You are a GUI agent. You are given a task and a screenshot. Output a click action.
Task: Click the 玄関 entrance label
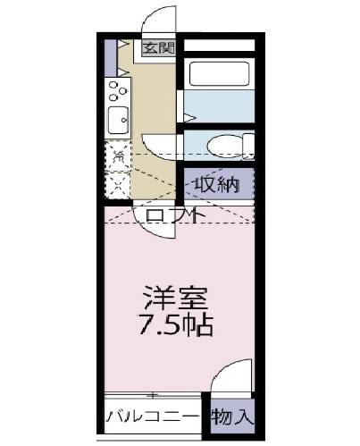[x=159, y=48]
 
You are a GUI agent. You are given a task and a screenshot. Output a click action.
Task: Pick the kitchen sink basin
[x=116, y=119]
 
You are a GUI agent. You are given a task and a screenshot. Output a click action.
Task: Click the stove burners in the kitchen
[x=117, y=88]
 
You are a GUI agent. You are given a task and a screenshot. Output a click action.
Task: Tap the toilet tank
[x=249, y=146]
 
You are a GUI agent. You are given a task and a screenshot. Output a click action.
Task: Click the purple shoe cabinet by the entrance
[x=109, y=56]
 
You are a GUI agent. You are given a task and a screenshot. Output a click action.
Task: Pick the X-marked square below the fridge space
[x=117, y=184]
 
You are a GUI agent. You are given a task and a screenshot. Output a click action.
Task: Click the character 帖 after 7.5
[x=203, y=324]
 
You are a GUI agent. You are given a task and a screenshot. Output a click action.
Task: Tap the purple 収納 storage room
[x=219, y=184]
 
